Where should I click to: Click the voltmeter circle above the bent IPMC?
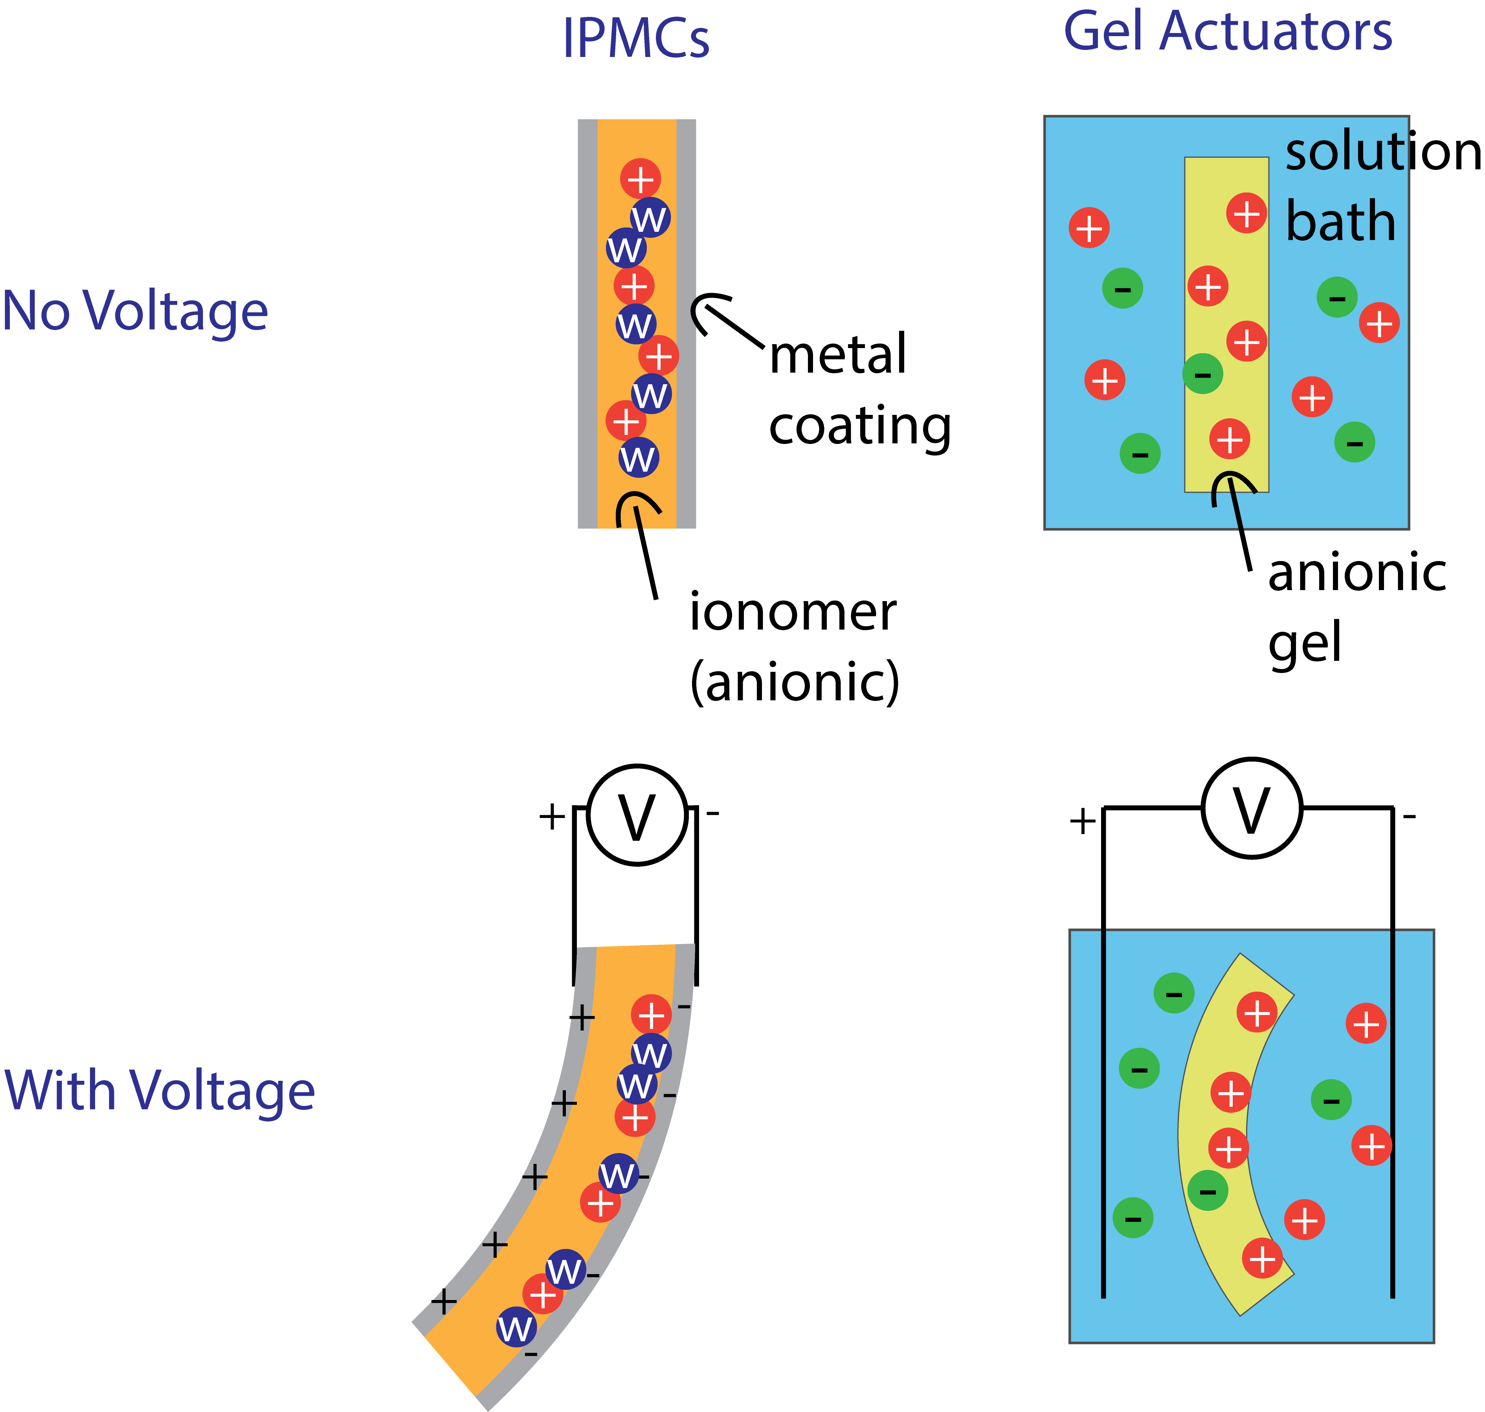[x=637, y=815]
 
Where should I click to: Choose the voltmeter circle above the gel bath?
[x=1252, y=808]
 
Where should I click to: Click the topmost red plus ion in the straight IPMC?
[x=641, y=179]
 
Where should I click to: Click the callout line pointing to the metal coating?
[x=734, y=327]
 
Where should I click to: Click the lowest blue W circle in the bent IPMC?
[x=516, y=1328]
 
